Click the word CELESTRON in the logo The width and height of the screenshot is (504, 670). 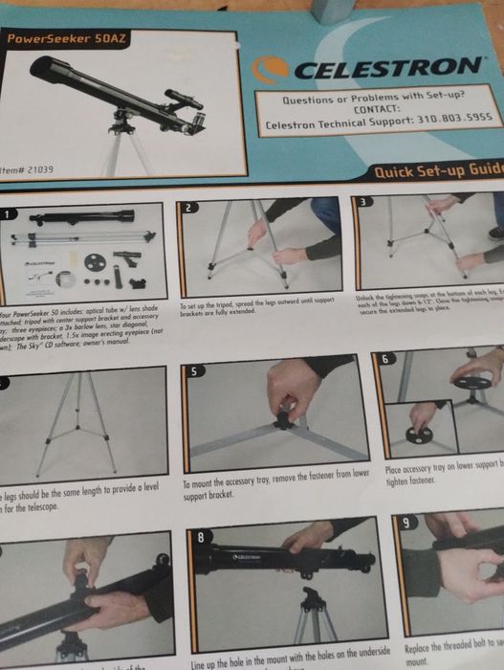click(x=385, y=68)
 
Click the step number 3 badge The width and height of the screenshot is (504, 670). click(x=363, y=202)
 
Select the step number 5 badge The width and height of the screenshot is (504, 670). click(x=196, y=369)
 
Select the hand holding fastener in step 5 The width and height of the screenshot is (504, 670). click(x=291, y=393)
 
